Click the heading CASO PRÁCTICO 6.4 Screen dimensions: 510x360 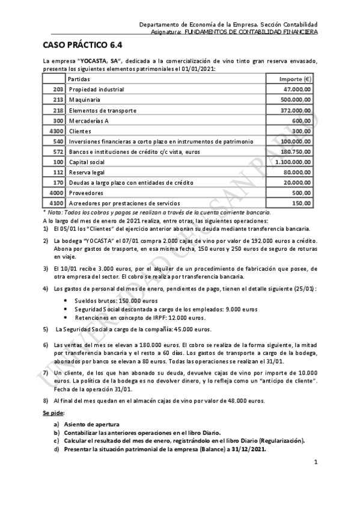click(x=82, y=45)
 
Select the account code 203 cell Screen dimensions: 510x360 click(x=58, y=89)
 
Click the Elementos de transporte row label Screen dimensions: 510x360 click(x=103, y=110)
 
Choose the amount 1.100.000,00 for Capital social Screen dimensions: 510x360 click(x=290, y=162)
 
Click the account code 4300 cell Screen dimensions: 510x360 click(x=56, y=131)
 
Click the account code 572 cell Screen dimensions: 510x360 click(x=58, y=152)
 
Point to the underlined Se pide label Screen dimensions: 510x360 click(x=53, y=414)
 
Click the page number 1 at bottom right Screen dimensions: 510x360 click(x=316, y=462)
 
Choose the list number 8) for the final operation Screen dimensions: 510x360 click(x=46, y=400)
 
